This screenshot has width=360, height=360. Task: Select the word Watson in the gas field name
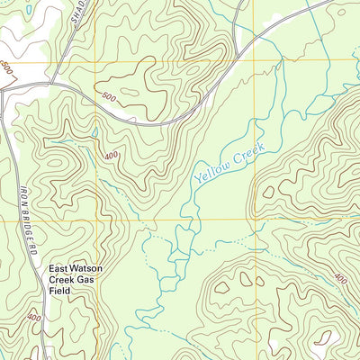click(x=89, y=268)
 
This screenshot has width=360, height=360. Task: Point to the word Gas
click(x=85, y=281)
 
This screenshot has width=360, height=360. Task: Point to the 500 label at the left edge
click(x=7, y=69)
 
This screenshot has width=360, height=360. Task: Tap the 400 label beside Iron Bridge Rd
click(x=33, y=317)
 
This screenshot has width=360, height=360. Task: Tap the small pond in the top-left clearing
click(x=30, y=9)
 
